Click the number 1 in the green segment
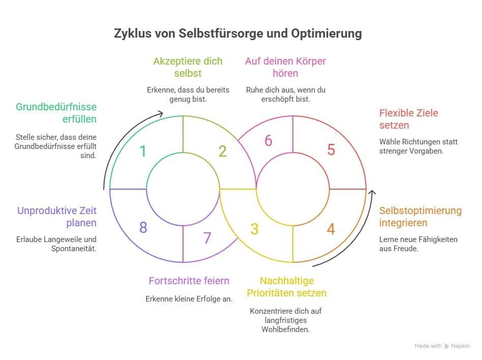(x=143, y=151)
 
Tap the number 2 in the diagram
(x=222, y=151)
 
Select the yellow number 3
(x=255, y=229)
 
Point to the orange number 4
(x=330, y=229)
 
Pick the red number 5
(x=331, y=149)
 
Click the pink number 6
(x=268, y=140)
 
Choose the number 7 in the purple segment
(x=207, y=238)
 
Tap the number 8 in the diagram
(x=143, y=227)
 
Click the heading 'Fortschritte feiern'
(x=189, y=281)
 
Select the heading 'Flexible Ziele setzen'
(x=408, y=119)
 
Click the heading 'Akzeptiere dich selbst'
(x=188, y=67)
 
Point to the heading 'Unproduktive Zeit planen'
(x=56, y=217)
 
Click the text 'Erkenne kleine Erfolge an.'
(x=189, y=299)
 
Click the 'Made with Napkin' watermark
(x=441, y=346)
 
